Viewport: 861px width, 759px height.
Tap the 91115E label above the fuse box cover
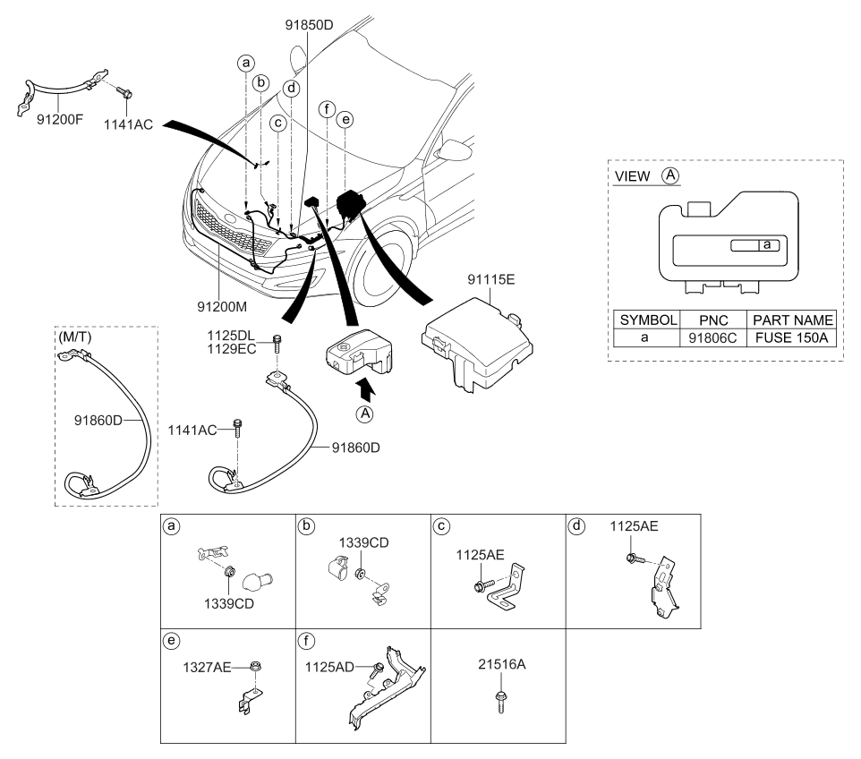[x=490, y=280]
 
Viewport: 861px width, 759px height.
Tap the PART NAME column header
[x=792, y=320]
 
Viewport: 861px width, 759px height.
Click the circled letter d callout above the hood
[x=291, y=89]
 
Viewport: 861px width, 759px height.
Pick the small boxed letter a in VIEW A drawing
[x=767, y=244]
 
